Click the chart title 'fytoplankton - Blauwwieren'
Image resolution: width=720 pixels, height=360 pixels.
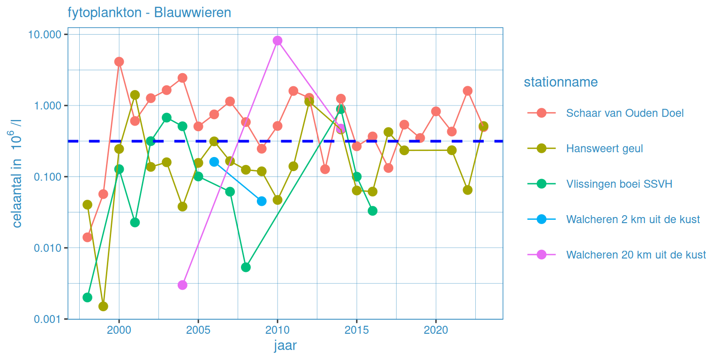149,13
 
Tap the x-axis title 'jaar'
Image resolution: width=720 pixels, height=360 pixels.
285,346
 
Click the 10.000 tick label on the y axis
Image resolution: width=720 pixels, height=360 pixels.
45,35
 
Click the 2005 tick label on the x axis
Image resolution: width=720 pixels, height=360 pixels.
198,330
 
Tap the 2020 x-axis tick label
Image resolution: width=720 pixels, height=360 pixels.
436,330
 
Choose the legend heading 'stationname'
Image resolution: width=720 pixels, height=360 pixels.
561,82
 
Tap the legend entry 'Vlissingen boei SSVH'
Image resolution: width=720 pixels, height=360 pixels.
619,184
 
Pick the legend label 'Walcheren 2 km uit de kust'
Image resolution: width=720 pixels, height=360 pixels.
633,219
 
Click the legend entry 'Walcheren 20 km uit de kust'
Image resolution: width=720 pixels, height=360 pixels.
636,255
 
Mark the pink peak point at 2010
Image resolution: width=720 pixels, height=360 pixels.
277,40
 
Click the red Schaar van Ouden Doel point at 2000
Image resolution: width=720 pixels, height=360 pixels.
119,61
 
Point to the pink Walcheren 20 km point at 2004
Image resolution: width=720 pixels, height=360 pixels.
182,285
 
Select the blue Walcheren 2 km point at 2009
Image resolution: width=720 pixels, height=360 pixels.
262,201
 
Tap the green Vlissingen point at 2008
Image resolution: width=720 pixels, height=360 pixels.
246,267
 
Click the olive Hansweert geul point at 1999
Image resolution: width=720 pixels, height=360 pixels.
103,307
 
